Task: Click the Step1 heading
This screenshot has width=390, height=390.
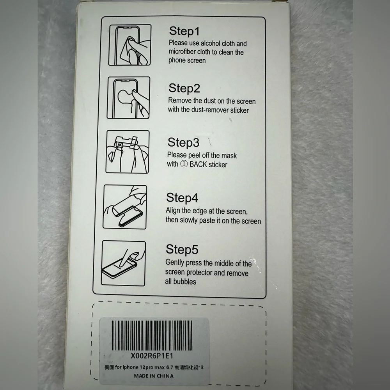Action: (184, 31)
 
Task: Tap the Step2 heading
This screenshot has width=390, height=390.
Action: (184, 88)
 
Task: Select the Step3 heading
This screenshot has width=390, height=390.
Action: (183, 142)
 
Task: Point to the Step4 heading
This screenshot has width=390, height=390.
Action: (182, 198)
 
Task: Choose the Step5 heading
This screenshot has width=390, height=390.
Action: (182, 250)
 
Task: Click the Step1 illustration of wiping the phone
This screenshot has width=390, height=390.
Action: (129, 45)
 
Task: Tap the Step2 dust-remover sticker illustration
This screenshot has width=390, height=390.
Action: (128, 98)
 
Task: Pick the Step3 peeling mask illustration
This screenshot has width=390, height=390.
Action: (128, 151)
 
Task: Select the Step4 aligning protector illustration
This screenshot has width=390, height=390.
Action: (125, 207)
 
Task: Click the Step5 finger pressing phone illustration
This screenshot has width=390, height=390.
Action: (123, 263)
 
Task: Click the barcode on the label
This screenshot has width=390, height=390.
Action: (152, 335)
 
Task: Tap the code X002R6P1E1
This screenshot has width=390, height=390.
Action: (152, 356)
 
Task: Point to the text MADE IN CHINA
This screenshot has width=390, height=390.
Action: (154, 376)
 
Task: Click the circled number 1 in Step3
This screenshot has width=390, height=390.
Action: (184, 164)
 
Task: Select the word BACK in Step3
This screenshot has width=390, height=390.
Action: (198, 165)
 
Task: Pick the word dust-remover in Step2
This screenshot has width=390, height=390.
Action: (210, 110)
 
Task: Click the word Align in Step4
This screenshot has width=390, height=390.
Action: (173, 211)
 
